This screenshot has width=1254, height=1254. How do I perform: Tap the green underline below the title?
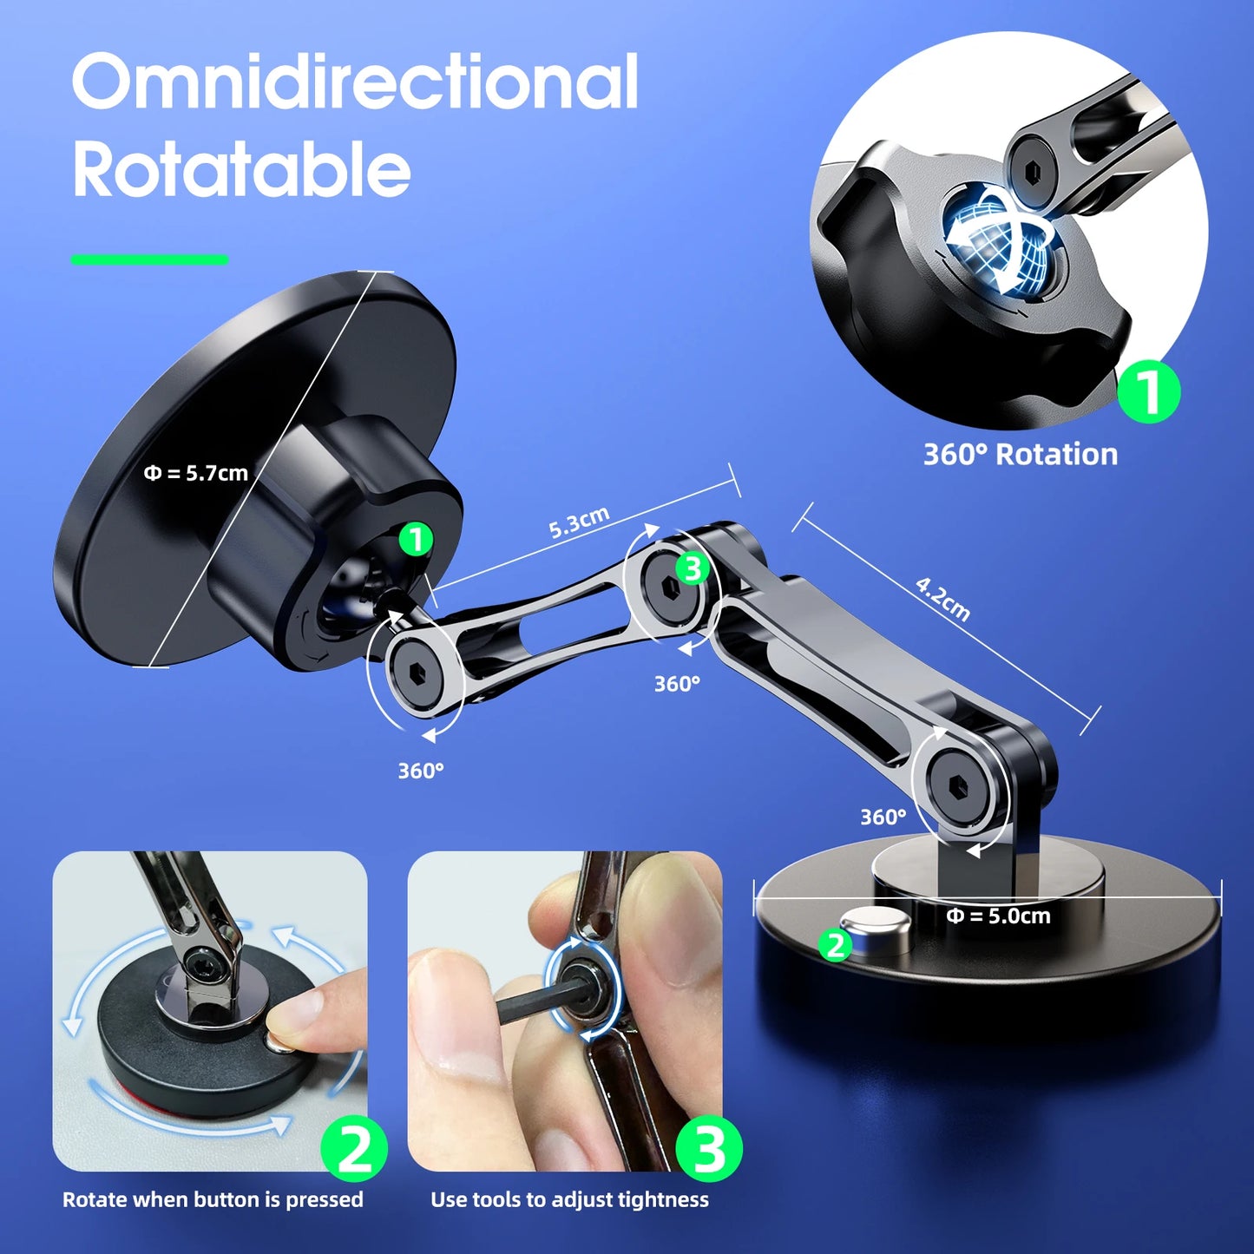click(149, 259)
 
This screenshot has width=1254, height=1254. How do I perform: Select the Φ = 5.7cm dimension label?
click(196, 473)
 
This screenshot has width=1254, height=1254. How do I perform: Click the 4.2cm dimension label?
click(943, 599)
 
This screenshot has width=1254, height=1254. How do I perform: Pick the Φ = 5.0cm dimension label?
click(998, 916)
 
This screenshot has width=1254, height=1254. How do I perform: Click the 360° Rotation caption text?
click(1020, 454)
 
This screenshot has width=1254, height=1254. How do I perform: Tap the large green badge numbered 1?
click(1148, 391)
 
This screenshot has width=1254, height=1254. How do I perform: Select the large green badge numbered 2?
click(354, 1149)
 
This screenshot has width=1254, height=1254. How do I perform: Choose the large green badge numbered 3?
click(710, 1149)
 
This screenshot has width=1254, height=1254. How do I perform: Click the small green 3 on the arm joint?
click(693, 569)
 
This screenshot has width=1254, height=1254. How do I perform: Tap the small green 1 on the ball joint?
click(416, 540)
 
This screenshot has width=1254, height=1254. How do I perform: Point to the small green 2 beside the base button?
click(836, 944)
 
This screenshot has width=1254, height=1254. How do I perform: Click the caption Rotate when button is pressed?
click(213, 1199)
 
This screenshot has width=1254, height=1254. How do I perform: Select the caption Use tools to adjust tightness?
click(569, 1199)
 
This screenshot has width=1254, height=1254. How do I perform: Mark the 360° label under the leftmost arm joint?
click(421, 771)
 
